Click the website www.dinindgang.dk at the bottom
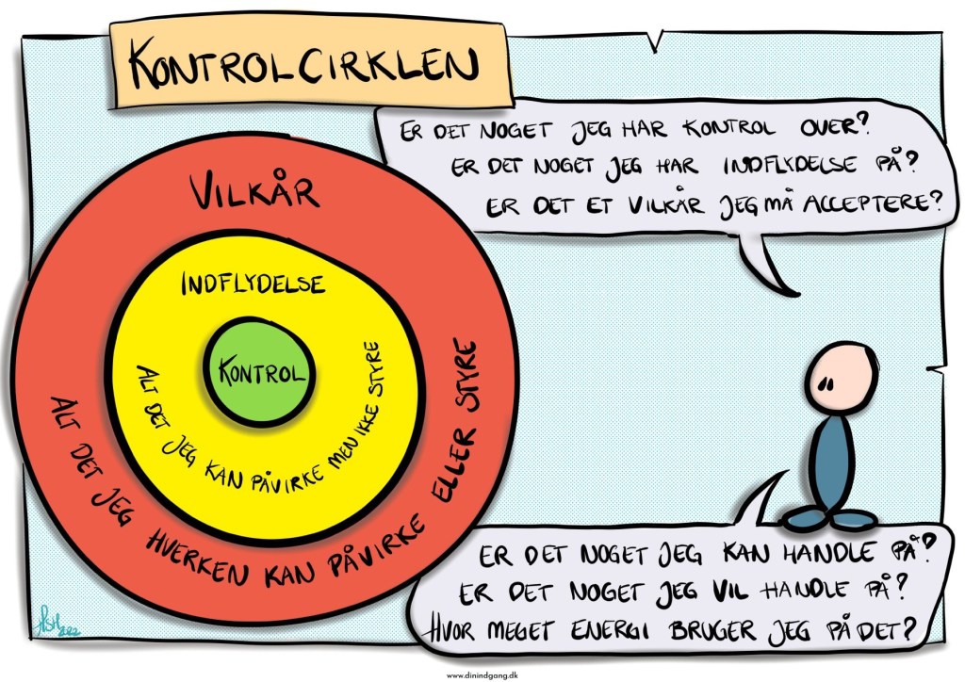482,674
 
